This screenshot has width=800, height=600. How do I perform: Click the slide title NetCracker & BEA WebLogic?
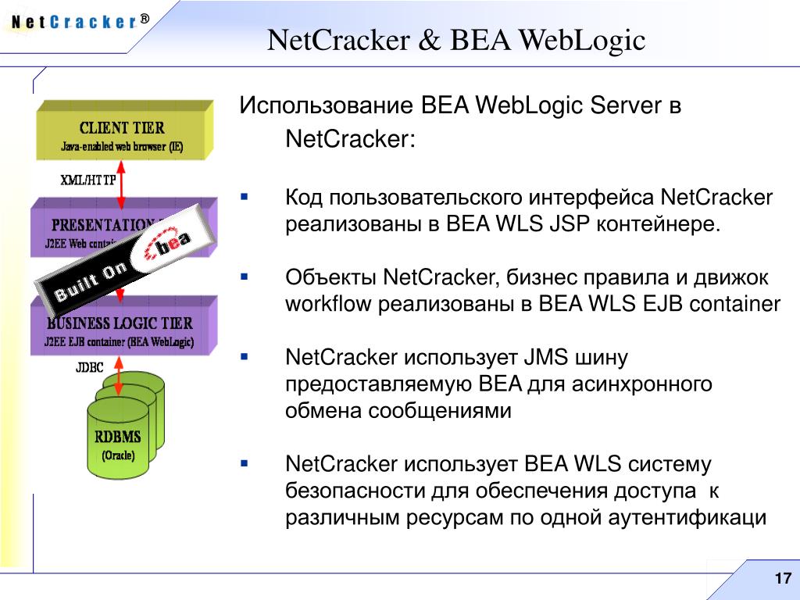point(456,40)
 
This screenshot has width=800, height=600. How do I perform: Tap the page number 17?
point(781,579)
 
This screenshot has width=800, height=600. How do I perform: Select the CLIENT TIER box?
point(123,134)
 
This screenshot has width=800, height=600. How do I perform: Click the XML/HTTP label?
point(88,180)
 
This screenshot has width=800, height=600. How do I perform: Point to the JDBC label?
point(90,367)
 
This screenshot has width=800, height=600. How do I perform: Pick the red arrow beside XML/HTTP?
point(122,180)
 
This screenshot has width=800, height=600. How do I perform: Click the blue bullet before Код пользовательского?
point(244,198)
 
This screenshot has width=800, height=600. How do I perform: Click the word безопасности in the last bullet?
point(354,491)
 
